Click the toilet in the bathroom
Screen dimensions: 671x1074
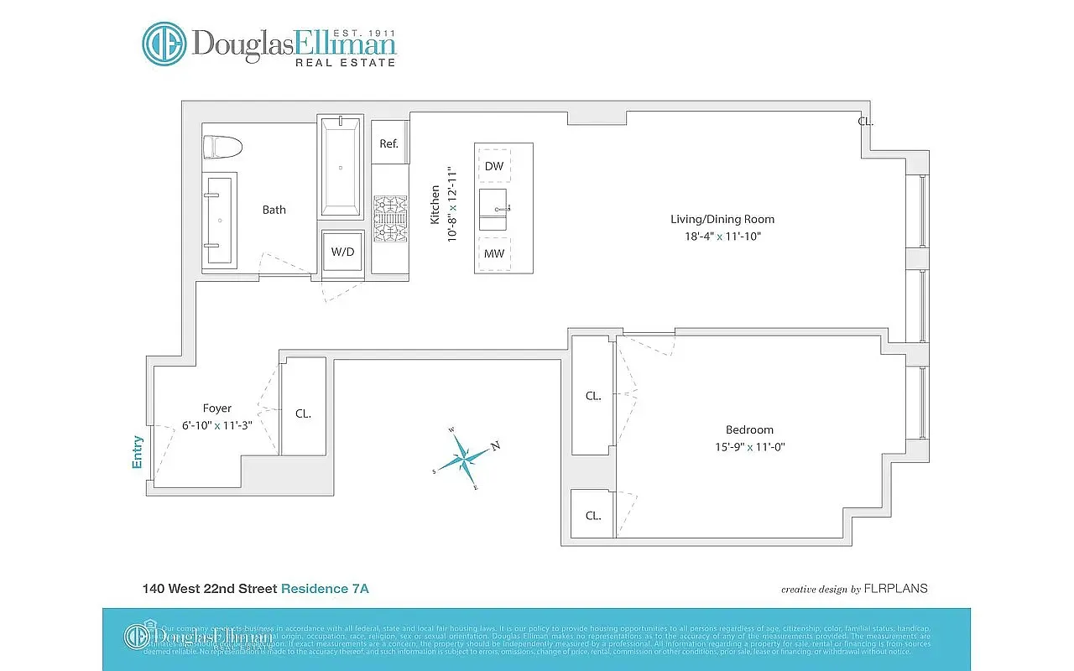point(223,147)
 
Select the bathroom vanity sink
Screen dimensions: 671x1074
point(221,220)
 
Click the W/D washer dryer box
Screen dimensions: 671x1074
point(342,252)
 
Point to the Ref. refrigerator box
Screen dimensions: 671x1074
point(388,143)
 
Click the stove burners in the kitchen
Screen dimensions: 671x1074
point(389,218)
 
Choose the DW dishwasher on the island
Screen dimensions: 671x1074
point(494,166)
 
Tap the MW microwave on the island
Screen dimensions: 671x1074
point(494,253)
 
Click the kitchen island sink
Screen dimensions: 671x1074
point(494,209)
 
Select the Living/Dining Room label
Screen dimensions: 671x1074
point(722,219)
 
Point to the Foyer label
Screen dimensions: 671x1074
point(216,408)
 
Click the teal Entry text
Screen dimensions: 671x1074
point(138,452)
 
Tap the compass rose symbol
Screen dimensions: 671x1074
point(464,457)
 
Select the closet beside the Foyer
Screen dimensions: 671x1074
point(303,414)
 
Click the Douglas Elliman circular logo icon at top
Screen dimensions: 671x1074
point(164,44)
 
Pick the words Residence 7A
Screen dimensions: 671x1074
point(325,589)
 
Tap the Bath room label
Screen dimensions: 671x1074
point(274,210)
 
